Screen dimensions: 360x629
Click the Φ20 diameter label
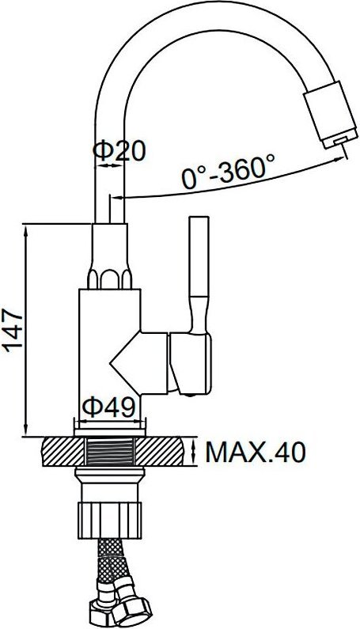(x=119, y=151)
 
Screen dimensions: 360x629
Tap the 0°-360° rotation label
(x=228, y=171)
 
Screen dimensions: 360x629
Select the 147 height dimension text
(x=14, y=330)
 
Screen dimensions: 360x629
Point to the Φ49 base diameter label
(x=108, y=407)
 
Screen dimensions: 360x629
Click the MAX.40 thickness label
(x=256, y=452)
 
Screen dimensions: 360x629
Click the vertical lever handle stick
(x=199, y=256)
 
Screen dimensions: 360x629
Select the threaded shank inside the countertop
(x=109, y=452)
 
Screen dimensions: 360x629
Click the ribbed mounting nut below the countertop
(x=109, y=520)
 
